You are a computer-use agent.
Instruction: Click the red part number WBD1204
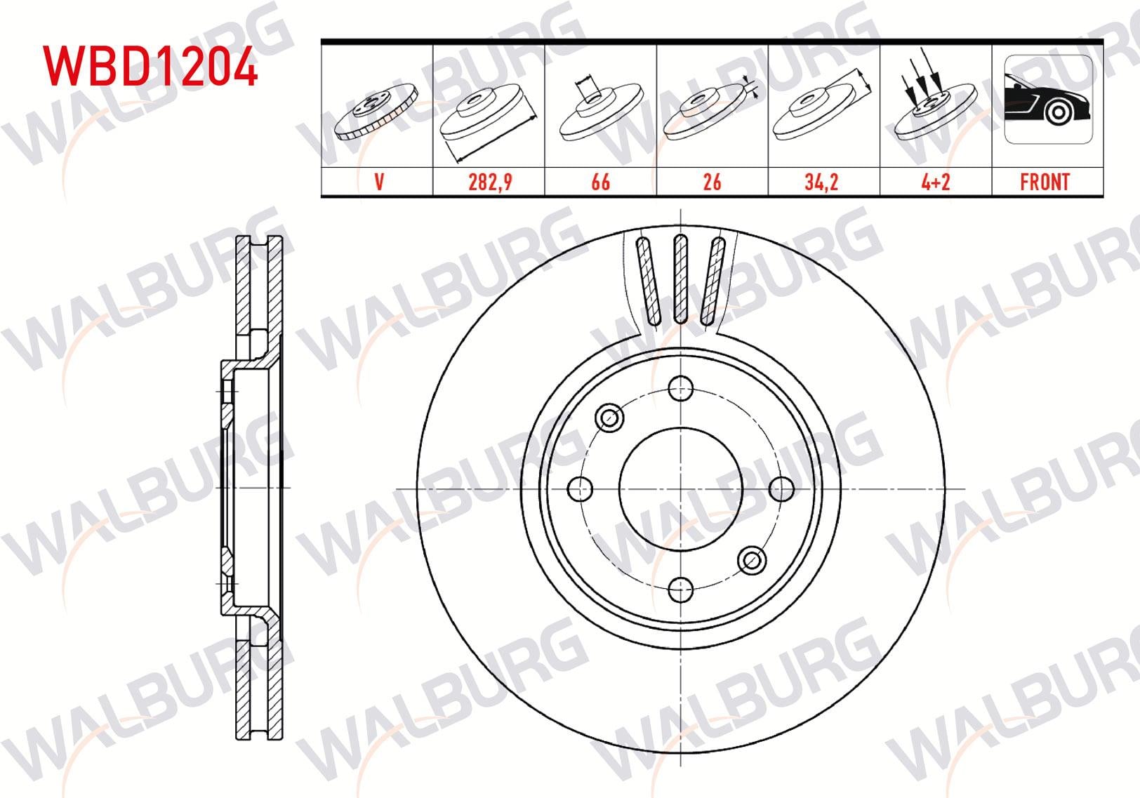[151, 66]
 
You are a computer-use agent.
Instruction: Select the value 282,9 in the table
[490, 182]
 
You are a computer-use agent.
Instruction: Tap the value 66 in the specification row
[601, 182]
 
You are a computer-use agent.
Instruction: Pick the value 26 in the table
[712, 182]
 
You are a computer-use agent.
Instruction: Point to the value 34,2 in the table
[821, 182]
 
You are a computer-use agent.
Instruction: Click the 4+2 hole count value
[936, 182]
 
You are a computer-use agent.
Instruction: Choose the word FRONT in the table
[1045, 182]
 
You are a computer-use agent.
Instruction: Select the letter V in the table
[378, 182]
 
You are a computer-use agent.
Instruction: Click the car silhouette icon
[1048, 99]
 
